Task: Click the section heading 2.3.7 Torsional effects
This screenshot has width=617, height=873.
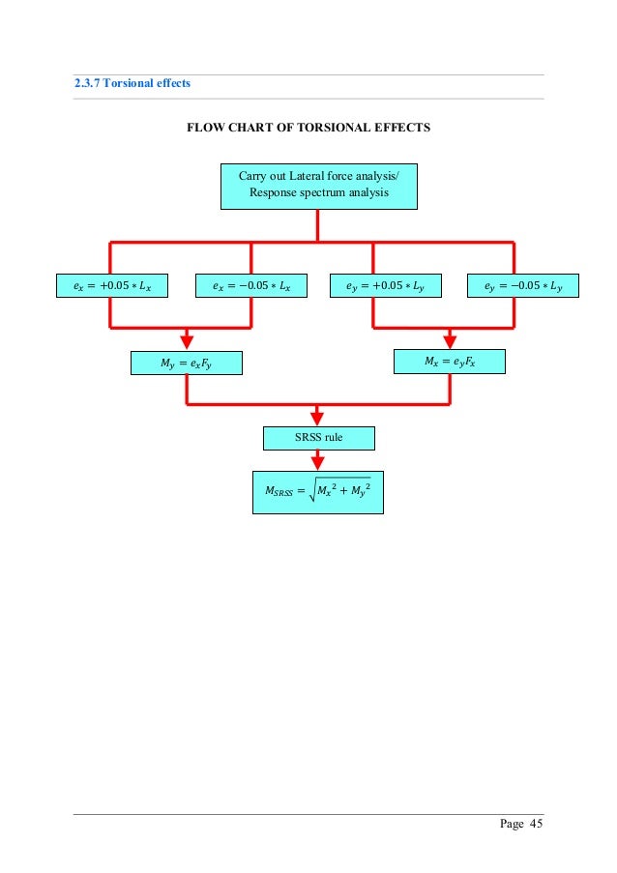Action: [132, 83]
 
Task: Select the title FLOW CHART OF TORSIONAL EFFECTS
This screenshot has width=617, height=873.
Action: [308, 128]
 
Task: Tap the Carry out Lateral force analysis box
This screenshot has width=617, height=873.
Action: [318, 186]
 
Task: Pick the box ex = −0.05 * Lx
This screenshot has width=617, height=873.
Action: [251, 286]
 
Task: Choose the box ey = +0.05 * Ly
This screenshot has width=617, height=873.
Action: [385, 286]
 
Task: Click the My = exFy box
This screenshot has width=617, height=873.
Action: [187, 363]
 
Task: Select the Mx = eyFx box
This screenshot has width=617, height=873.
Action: [450, 362]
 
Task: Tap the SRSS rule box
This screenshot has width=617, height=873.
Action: [318, 438]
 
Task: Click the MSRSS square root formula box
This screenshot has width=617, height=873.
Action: [318, 491]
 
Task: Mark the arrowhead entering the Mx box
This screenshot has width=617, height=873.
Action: [450, 341]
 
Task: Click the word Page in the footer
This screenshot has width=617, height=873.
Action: [512, 824]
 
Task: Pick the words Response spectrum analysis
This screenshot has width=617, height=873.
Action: [318, 193]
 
